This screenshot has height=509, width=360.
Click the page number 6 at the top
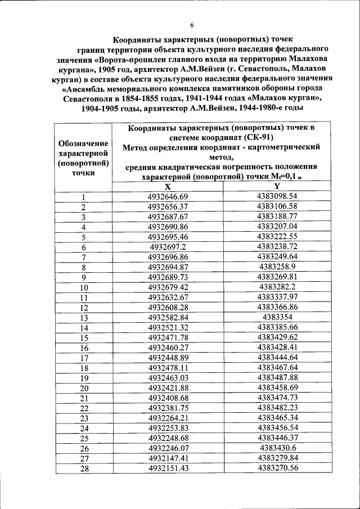(x=191, y=25)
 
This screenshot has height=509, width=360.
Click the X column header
(x=168, y=187)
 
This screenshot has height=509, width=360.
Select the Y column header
(x=277, y=187)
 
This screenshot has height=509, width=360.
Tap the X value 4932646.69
(x=168, y=196)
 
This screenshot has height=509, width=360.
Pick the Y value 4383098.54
(x=277, y=196)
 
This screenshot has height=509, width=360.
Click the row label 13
(x=84, y=318)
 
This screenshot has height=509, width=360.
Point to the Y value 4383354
(x=277, y=317)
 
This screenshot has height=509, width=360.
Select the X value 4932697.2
(x=168, y=247)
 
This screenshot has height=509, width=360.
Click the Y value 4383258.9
(x=277, y=267)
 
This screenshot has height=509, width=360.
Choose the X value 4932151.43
(x=168, y=469)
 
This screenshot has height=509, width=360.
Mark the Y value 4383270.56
(x=277, y=469)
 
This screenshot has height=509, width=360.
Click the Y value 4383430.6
(x=277, y=448)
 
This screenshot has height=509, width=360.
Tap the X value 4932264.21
(x=168, y=418)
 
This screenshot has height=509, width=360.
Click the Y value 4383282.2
(x=277, y=287)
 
